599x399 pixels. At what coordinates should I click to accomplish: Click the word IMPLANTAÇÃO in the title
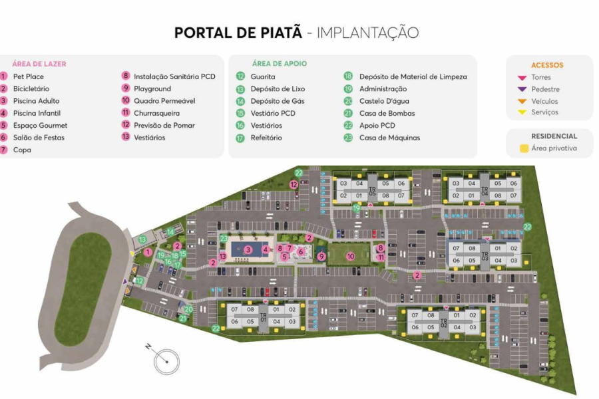click(367, 33)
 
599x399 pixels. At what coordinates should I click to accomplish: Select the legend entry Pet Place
click(29, 76)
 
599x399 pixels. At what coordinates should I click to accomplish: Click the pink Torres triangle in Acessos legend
click(522, 78)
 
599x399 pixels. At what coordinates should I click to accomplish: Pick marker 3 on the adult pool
click(248, 249)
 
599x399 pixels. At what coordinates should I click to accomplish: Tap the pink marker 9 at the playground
click(321, 256)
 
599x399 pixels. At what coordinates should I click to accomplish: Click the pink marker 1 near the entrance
click(148, 252)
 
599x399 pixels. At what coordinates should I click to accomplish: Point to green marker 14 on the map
click(170, 231)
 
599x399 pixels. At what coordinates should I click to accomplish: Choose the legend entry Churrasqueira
click(156, 113)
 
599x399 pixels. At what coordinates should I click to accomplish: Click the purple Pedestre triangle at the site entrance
click(125, 281)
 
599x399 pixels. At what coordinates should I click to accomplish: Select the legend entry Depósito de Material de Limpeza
click(413, 76)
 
